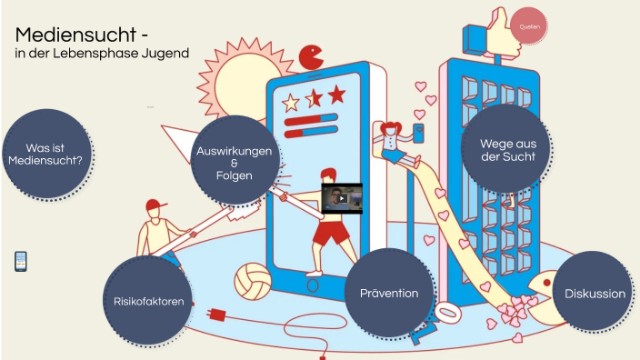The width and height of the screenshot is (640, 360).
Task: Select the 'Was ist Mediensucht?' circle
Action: click(x=45, y=153)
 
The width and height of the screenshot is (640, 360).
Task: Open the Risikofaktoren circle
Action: click(x=148, y=301)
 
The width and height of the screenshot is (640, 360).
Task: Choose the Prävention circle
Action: click(x=388, y=293)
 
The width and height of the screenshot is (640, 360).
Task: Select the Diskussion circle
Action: click(x=595, y=294)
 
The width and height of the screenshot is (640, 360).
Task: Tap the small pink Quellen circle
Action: click(x=529, y=26)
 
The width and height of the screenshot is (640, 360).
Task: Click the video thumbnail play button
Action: click(x=342, y=198)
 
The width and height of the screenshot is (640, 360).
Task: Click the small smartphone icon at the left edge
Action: click(x=21, y=261)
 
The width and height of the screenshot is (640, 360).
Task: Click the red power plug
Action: click(x=217, y=315)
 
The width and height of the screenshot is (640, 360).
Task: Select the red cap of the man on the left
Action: click(x=156, y=205)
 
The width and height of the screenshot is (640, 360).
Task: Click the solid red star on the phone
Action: click(x=336, y=94)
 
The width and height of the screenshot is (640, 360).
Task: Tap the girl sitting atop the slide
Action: click(x=393, y=141)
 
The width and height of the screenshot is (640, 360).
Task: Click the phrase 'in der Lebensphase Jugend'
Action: click(x=101, y=54)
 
